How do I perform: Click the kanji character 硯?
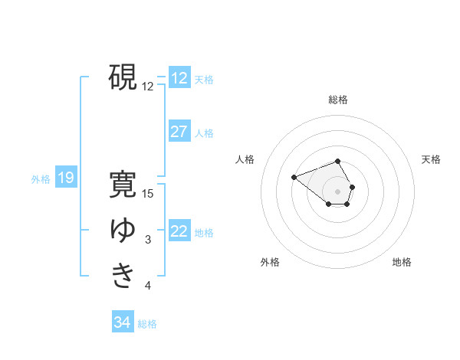point(123,77)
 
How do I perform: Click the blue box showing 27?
point(179,132)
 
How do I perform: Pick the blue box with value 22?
point(179,231)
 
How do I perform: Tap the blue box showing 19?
point(65,178)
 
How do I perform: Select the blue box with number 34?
point(122,322)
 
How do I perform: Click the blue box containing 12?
point(179,78)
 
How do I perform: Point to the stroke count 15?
point(148,194)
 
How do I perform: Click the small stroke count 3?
point(148,241)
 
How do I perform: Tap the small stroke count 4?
point(148,286)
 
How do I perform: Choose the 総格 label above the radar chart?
point(338,100)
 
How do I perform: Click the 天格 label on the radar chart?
point(431,159)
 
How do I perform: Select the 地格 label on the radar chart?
point(402,262)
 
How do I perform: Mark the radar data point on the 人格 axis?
point(294,178)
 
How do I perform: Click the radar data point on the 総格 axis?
point(338,161)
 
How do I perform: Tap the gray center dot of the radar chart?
point(338,191)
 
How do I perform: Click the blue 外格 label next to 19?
point(41,179)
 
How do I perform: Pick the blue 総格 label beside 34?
point(147,323)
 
